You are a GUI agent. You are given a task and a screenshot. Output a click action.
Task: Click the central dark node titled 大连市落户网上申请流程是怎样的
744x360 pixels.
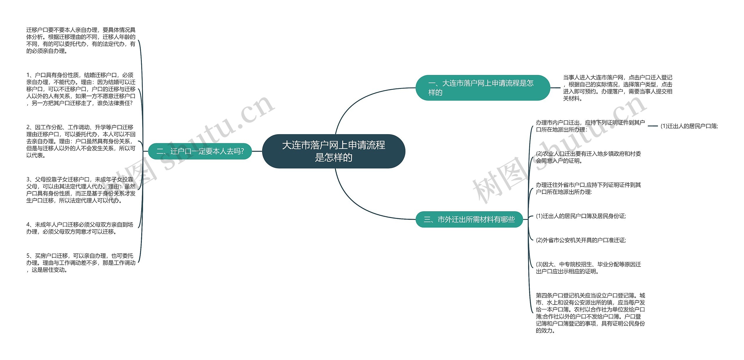(x=334, y=151)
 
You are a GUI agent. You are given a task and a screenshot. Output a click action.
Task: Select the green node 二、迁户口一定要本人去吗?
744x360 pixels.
(x=200, y=151)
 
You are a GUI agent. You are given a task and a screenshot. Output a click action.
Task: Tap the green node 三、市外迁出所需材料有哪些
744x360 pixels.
(x=469, y=219)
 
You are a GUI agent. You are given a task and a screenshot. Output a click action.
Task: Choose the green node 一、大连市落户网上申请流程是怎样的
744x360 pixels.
(x=482, y=88)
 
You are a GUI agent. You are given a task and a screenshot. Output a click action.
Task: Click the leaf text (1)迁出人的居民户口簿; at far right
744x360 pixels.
(x=689, y=126)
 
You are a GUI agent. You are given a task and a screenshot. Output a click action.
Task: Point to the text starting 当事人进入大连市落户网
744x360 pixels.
(x=618, y=88)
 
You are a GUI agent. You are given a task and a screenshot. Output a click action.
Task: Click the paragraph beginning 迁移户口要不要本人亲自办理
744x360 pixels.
(x=81, y=40)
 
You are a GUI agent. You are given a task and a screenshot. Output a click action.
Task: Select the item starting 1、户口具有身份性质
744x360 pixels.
(x=81, y=89)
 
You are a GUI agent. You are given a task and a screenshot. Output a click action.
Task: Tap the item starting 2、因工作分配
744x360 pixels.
(x=81, y=141)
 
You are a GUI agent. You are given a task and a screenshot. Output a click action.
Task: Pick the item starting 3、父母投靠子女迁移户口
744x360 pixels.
(x=81, y=190)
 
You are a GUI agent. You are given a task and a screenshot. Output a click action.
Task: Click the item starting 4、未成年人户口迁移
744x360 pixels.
(x=80, y=228)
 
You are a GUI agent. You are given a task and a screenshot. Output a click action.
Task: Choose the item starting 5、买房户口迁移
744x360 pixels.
(x=81, y=263)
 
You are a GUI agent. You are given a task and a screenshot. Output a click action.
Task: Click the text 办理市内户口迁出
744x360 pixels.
(x=590, y=126)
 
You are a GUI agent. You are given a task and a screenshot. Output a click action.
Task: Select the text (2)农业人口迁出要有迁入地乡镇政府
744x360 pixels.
(x=588, y=157)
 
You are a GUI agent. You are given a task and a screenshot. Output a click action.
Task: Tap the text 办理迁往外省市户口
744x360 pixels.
(x=588, y=188)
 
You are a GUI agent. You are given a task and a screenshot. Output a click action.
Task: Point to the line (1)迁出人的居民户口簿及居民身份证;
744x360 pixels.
(x=581, y=216)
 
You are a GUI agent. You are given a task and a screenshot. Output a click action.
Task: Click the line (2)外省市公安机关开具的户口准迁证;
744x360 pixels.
(x=581, y=240)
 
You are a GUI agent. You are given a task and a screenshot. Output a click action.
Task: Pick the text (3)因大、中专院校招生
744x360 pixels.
(x=588, y=268)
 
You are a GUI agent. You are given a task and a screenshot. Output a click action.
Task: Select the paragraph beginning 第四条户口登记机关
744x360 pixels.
(x=590, y=313)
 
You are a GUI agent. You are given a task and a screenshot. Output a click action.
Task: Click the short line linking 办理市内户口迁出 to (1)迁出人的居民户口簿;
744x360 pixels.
(x=653, y=126)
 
